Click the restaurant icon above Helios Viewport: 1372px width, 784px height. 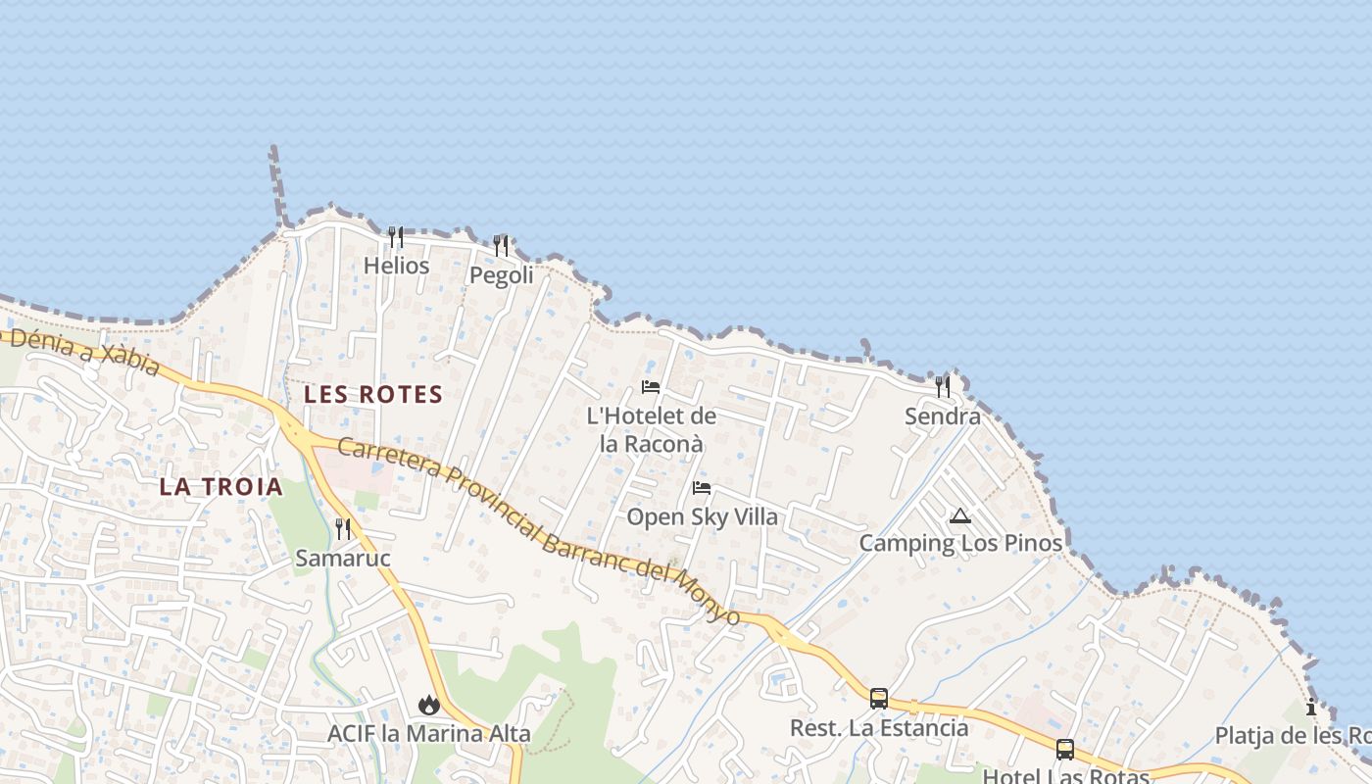coord(396,237)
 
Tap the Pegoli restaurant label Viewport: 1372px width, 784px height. coord(502,275)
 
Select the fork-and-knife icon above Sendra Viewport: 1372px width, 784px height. coord(943,387)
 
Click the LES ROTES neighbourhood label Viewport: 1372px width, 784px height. coord(373,395)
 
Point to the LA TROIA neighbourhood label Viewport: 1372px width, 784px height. coord(220,487)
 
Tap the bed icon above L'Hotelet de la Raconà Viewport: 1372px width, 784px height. coord(651,387)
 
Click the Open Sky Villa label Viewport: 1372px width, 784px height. coord(702,516)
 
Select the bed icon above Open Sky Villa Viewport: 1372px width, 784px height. coord(702,488)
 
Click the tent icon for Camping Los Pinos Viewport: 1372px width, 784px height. coord(960,515)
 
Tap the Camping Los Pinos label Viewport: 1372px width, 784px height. coord(960,543)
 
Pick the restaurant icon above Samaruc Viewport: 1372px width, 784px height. coord(343,529)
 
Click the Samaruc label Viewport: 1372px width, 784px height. coord(343,559)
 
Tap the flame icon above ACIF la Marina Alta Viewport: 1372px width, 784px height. coord(428,705)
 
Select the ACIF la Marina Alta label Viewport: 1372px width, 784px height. coord(428,733)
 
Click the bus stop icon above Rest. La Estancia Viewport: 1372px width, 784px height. coord(879,699)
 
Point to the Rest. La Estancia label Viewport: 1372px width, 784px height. coord(879,728)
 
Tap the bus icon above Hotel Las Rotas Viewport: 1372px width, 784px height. coord(1065,750)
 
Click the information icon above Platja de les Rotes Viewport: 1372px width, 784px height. coord(1311,708)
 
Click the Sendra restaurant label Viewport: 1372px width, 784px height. coord(943,416)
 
